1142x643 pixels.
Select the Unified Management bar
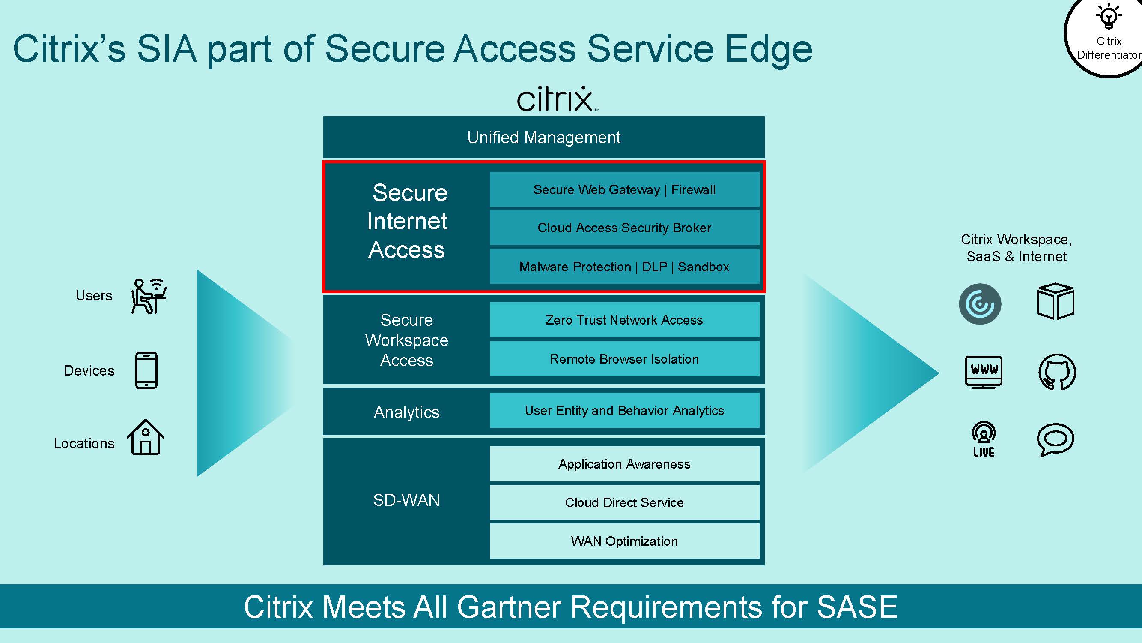click(x=543, y=137)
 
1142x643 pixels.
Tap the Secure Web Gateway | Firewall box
click(x=624, y=189)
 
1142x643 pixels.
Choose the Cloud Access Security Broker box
click(x=624, y=228)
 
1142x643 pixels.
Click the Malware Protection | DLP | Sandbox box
click(x=624, y=266)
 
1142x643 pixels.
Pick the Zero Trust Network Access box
click(x=624, y=319)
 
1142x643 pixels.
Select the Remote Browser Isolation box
click(x=624, y=358)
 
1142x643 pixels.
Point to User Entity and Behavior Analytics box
click(x=624, y=410)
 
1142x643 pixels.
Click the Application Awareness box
click(x=624, y=464)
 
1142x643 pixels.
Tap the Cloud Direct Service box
click(x=624, y=502)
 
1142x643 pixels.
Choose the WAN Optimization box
click(x=624, y=541)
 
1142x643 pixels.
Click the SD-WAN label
click(x=406, y=500)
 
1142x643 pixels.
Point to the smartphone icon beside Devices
click(x=146, y=370)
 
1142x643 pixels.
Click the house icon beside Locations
click(x=146, y=437)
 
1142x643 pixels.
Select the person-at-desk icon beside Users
click(x=149, y=296)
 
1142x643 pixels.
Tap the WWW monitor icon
click(x=984, y=372)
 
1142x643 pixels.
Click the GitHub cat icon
click(x=1057, y=372)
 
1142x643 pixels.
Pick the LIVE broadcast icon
click(x=984, y=439)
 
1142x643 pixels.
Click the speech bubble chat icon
click(x=1056, y=439)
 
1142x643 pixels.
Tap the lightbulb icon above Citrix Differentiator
click(x=1109, y=17)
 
